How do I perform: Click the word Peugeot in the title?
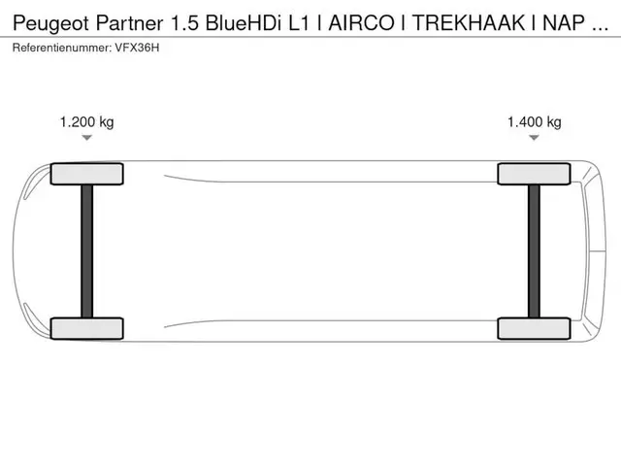click(x=50, y=23)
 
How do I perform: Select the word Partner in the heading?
click(x=129, y=23)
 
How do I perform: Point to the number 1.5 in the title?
click(x=184, y=23)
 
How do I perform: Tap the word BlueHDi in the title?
click(x=243, y=23)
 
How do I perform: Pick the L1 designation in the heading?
click(x=298, y=23)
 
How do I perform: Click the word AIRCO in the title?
click(x=361, y=23)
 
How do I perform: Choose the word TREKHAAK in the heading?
click(x=469, y=23)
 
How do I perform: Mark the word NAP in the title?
click(x=564, y=23)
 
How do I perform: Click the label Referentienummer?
click(x=62, y=48)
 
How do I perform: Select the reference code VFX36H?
click(x=137, y=48)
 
